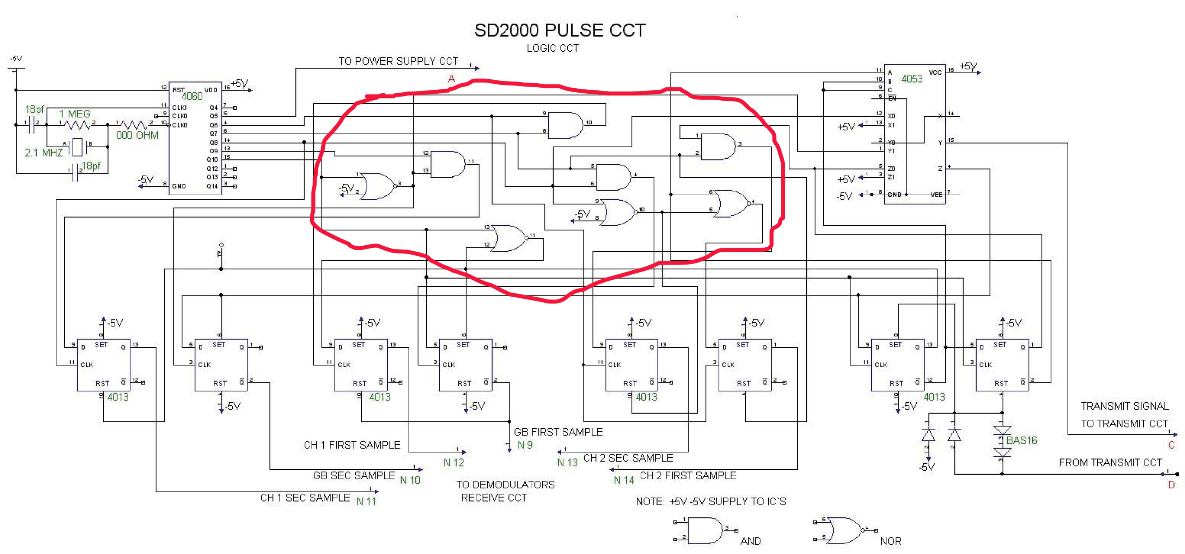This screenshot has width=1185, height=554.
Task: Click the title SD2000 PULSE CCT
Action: tap(559, 31)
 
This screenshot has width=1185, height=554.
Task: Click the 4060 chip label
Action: tap(192, 96)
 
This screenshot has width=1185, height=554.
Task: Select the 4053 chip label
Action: tap(912, 79)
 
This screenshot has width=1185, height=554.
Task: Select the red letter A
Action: tap(451, 79)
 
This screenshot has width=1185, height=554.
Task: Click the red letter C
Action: tap(1171, 445)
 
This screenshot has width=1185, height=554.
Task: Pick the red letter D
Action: tap(1171, 485)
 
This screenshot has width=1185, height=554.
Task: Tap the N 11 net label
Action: tap(366, 501)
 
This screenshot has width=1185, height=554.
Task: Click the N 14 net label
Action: tap(624, 480)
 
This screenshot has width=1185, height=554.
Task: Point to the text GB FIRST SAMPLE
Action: tap(558, 432)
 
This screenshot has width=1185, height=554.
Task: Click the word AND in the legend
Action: tap(750, 541)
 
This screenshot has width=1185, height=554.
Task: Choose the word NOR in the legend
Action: tap(891, 541)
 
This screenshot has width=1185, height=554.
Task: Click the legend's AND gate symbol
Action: tap(705, 531)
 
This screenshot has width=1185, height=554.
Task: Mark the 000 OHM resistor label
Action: tap(137, 135)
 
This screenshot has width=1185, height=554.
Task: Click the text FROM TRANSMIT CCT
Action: tap(1110, 462)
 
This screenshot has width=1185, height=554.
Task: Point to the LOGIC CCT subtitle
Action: tap(553, 48)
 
